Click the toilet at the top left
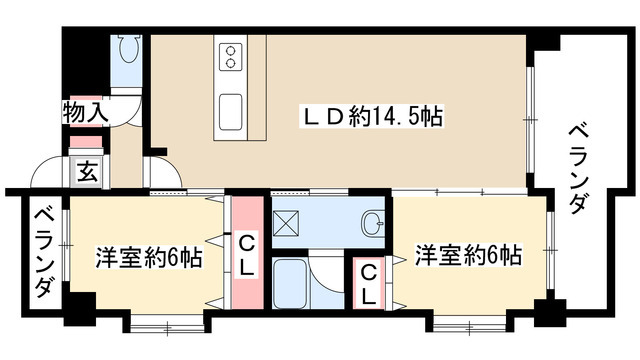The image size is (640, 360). tap(129, 49)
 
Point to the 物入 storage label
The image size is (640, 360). tap(85, 112)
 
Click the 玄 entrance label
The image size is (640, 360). tap(86, 171)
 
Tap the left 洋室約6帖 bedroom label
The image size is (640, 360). tap(149, 257)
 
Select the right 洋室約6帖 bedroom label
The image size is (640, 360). tap(469, 254)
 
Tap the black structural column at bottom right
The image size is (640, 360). tap(547, 312)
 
